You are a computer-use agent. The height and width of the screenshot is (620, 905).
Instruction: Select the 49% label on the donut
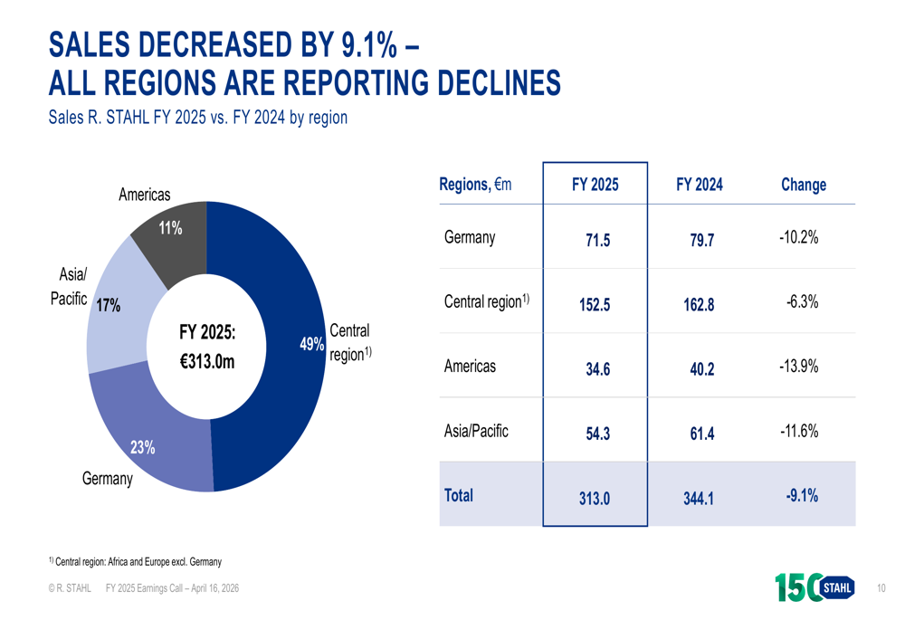tap(312, 344)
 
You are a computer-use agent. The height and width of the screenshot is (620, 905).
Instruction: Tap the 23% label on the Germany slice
tap(142, 446)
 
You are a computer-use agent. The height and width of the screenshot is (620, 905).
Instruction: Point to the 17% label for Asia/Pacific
tap(109, 306)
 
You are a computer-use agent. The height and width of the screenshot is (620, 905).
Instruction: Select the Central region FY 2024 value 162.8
tap(699, 304)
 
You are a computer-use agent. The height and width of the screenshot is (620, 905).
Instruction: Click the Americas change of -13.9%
tap(798, 367)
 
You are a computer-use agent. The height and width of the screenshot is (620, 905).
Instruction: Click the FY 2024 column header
tap(699, 185)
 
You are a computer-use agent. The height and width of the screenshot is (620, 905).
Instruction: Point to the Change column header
tap(803, 185)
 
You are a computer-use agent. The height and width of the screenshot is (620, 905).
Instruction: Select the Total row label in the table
tap(459, 495)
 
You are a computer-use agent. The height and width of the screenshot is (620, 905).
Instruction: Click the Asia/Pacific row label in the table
tap(476, 432)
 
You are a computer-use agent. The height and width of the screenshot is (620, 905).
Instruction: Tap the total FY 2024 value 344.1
tap(699, 496)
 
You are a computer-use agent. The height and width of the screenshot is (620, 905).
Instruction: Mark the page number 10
tap(881, 588)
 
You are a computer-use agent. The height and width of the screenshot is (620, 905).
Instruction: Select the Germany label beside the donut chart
tap(107, 479)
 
